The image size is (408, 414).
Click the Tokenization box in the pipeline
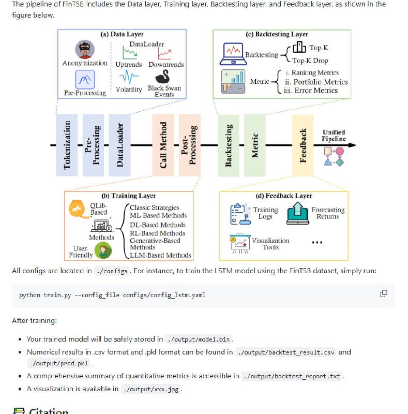[x=67, y=145]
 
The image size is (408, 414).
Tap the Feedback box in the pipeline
[x=303, y=145]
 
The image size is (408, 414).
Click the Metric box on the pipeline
[x=254, y=145]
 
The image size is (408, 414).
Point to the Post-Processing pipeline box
[x=189, y=145]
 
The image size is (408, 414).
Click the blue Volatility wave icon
[x=129, y=78]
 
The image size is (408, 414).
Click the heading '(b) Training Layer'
[x=128, y=196]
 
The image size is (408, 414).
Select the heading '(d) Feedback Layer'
[x=284, y=196]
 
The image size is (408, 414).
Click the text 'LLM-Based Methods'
[x=160, y=255]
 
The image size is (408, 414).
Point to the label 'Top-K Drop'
[x=325, y=61]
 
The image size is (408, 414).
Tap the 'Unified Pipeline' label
[x=335, y=136]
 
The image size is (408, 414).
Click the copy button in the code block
[x=384, y=294]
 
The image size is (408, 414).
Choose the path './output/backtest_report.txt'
[x=293, y=376]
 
